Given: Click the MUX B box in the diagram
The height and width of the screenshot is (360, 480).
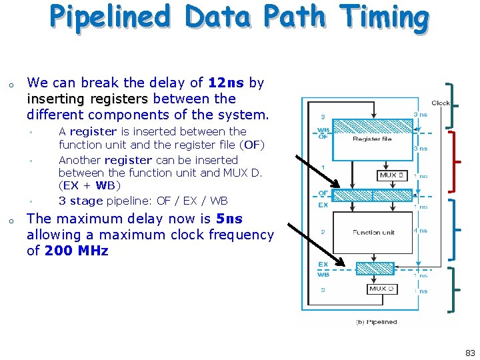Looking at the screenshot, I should pos(391,175).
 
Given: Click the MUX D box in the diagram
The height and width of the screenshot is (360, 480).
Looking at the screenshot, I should pos(383,289).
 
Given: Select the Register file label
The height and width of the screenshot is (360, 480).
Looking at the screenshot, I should pos(372,139).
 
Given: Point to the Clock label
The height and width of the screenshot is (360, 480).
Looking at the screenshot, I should pos(441,103).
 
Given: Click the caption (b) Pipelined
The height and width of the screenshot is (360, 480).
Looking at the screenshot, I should pos(376,322).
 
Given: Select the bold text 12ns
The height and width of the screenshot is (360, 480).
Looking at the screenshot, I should pos(226,83).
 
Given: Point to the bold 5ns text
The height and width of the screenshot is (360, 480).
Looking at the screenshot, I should pos(229,219).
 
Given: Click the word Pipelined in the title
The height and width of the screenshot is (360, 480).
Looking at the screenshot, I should pos(109,18).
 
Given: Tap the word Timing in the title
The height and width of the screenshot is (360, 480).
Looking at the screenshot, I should pos(384,18).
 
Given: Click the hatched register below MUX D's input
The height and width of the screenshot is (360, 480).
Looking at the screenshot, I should pos(376,269).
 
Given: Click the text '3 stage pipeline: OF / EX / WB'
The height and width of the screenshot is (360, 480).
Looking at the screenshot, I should pos(143,200).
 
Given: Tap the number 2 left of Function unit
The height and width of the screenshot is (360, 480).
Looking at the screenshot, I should pos(323,231).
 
